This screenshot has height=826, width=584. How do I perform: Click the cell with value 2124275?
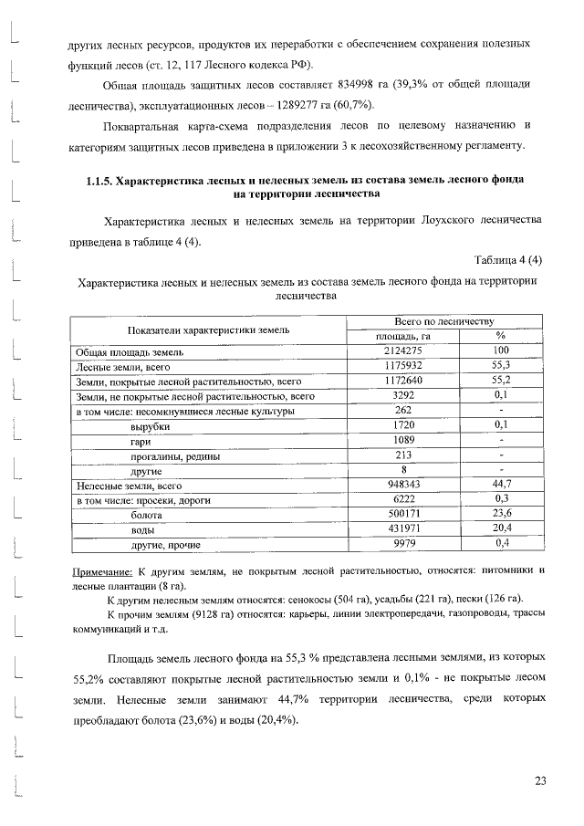point(397,351)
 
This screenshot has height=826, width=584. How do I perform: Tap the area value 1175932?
point(397,366)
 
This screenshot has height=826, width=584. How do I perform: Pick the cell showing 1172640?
point(397,382)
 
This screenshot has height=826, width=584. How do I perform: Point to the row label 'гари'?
point(141,441)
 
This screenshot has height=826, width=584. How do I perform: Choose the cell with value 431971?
point(397,530)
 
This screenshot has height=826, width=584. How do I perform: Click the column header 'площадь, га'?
point(397,337)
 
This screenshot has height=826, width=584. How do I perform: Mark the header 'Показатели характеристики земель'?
point(209,329)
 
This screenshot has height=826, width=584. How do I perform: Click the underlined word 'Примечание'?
point(104,571)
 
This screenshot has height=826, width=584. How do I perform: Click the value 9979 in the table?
point(397,545)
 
